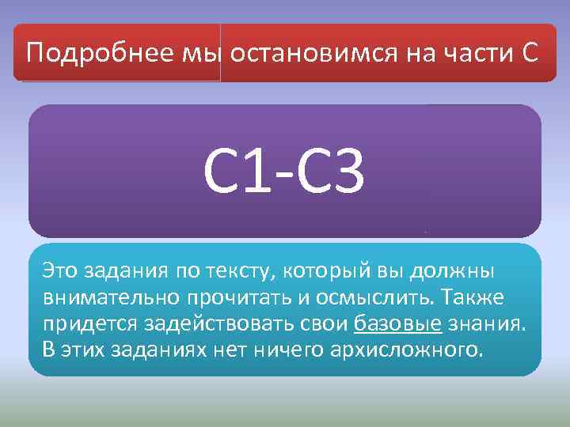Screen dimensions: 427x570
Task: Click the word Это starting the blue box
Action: [x=60, y=270]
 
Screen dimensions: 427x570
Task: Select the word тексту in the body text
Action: [x=237, y=271]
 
